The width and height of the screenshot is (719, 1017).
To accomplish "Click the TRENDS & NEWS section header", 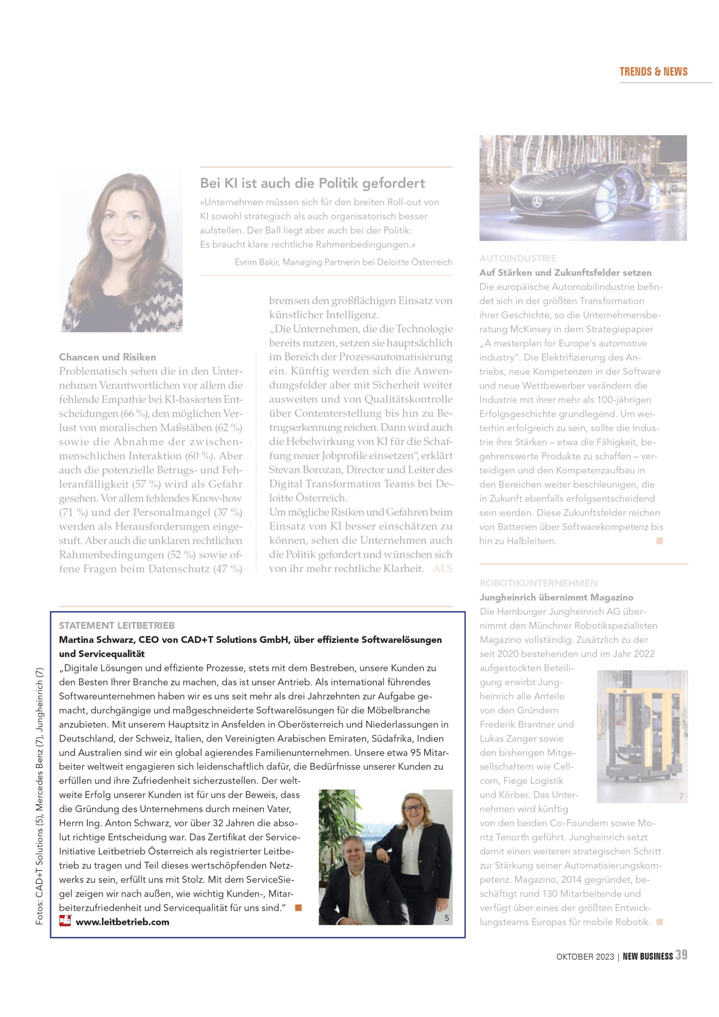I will tap(653, 72).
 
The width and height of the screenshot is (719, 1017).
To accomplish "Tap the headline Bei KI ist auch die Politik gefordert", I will tap(312, 183).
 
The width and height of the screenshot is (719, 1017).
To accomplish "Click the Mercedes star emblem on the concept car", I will tap(537, 202).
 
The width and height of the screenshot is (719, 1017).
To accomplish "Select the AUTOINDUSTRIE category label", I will tap(518, 258).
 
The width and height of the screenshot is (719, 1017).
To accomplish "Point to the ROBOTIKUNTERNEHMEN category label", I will tap(538, 583).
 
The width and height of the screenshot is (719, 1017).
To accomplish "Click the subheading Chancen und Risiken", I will tap(107, 357).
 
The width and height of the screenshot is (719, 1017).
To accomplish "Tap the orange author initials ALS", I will tap(443, 568).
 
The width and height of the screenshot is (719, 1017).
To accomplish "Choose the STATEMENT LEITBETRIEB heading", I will tap(117, 625).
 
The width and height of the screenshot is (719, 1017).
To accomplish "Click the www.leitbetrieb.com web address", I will tap(122, 922).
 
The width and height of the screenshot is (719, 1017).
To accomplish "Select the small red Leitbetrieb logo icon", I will tap(65, 921).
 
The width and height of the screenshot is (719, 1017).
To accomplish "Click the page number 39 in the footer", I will tap(681, 955).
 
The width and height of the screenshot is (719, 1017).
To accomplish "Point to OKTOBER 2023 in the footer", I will tap(585, 957).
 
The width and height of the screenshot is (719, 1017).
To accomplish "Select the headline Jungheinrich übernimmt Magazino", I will tap(556, 597).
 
